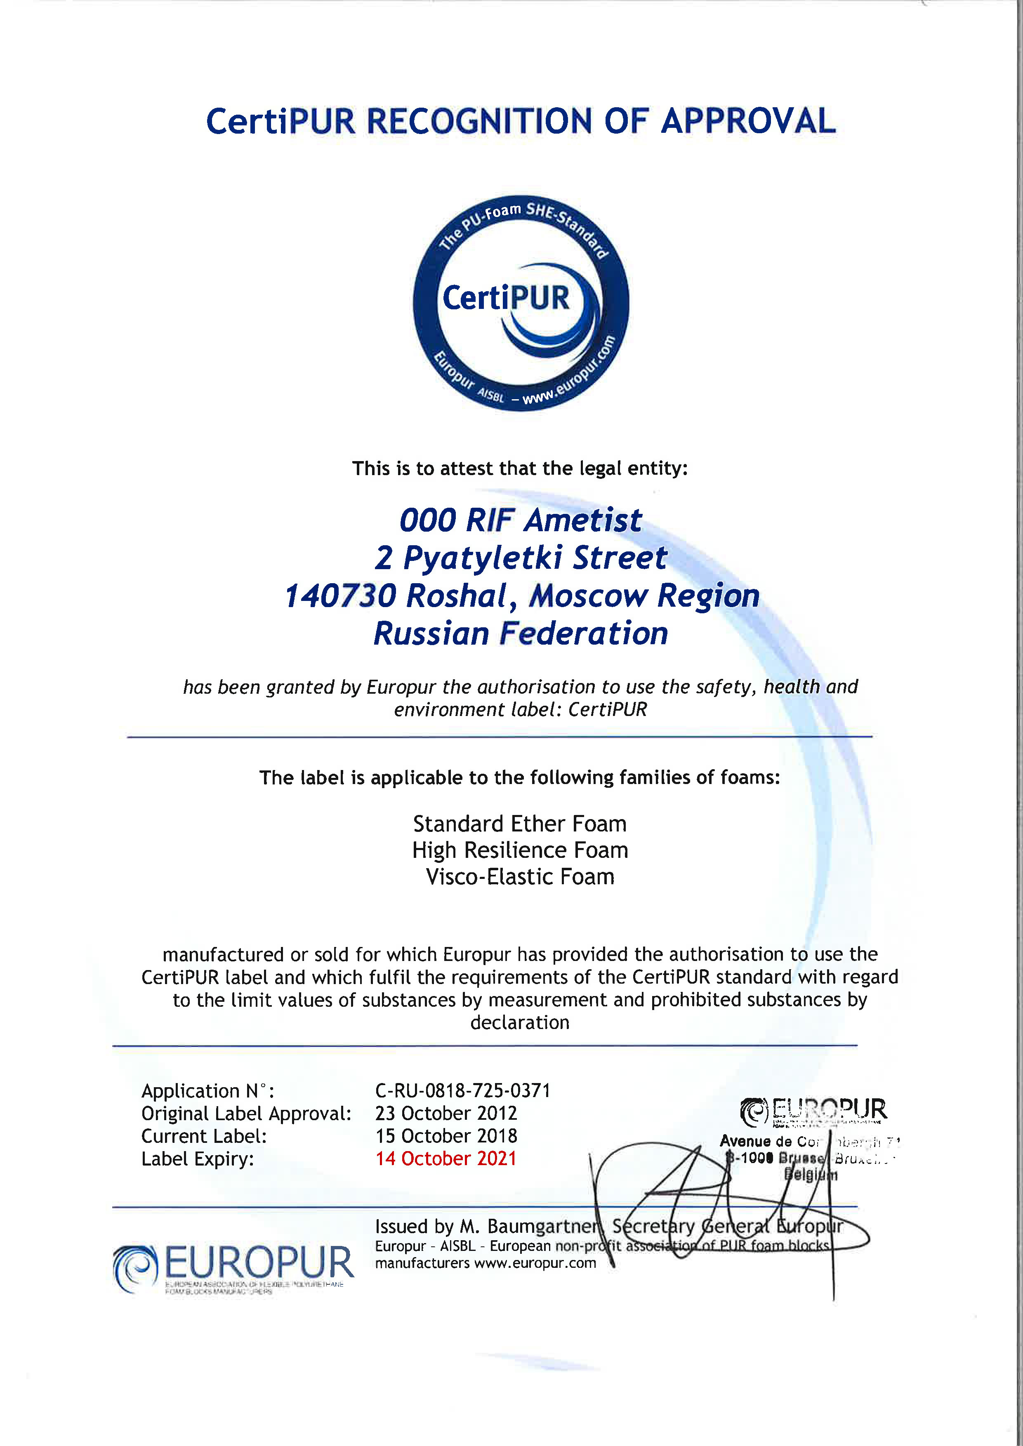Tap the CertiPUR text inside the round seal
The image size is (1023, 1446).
506,298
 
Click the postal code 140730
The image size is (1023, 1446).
340,596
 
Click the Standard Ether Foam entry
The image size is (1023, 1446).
520,824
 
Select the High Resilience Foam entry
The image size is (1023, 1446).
520,850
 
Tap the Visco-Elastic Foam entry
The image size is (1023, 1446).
520,877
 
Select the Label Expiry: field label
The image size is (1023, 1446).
197,1159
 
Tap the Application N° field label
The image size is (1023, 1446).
207,1091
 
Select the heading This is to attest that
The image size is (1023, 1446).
520,469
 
